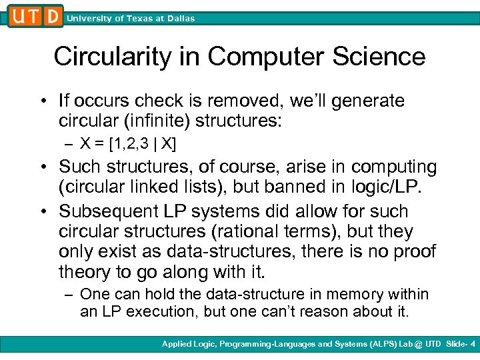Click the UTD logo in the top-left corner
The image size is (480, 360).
[35, 15]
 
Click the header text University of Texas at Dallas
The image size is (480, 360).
[131, 19]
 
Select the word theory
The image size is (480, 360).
[84, 272]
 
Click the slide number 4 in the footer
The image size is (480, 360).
[472, 345]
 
